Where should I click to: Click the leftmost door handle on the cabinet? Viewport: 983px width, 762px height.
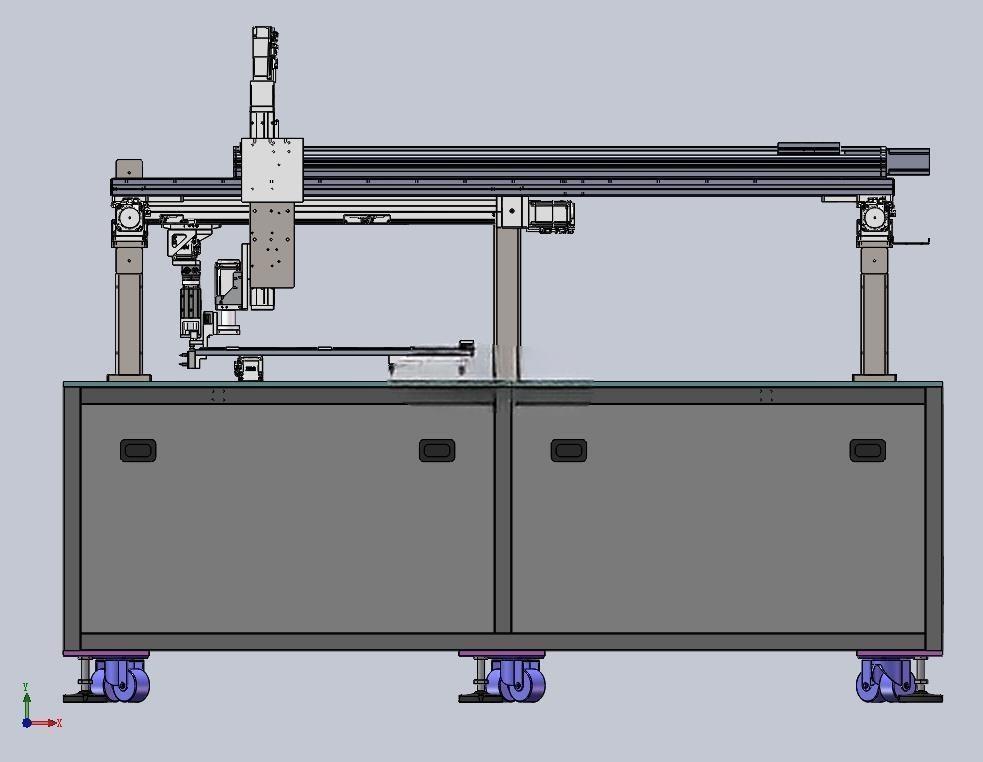[138, 450]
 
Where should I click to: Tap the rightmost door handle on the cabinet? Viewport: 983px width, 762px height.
[868, 450]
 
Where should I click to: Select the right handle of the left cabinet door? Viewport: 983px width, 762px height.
[437, 450]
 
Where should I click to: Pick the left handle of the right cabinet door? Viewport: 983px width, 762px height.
[569, 450]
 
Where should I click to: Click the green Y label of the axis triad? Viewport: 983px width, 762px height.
[26, 687]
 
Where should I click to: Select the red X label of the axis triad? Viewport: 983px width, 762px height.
[60, 723]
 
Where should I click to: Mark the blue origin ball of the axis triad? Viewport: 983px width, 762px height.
[27, 723]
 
